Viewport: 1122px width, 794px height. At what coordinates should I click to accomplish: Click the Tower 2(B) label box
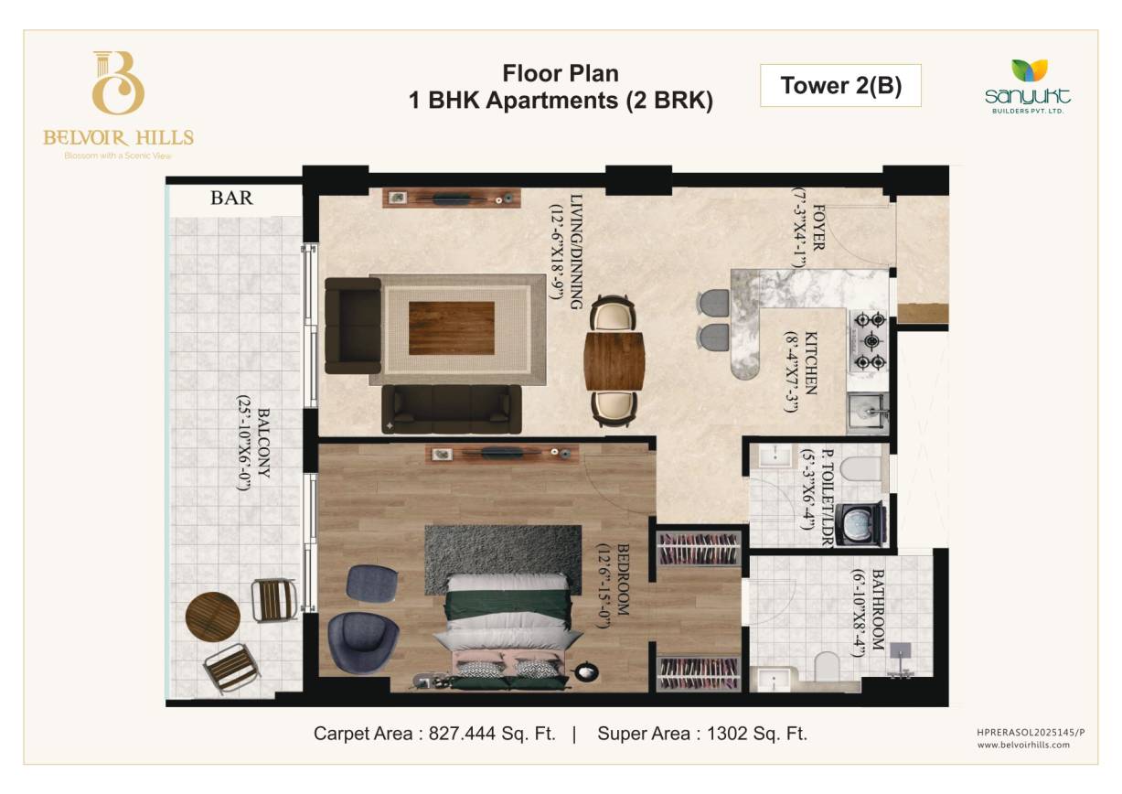(840, 85)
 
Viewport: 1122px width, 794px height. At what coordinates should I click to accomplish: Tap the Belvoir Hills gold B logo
(118, 82)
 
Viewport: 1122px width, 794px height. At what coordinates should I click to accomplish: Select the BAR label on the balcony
(231, 198)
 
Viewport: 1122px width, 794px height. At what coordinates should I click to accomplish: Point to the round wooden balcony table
(213, 617)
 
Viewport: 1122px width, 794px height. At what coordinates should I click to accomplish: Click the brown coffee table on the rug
(452, 328)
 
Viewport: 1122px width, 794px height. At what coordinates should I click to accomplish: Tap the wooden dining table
(614, 360)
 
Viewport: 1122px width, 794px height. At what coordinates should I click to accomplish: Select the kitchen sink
(869, 413)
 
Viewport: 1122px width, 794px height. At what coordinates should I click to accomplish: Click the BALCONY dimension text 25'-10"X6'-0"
(243, 443)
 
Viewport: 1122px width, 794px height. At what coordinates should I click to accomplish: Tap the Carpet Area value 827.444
(462, 734)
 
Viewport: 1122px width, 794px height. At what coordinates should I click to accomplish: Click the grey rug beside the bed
(503, 560)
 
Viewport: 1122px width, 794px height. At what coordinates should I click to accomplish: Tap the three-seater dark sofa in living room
(452, 409)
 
